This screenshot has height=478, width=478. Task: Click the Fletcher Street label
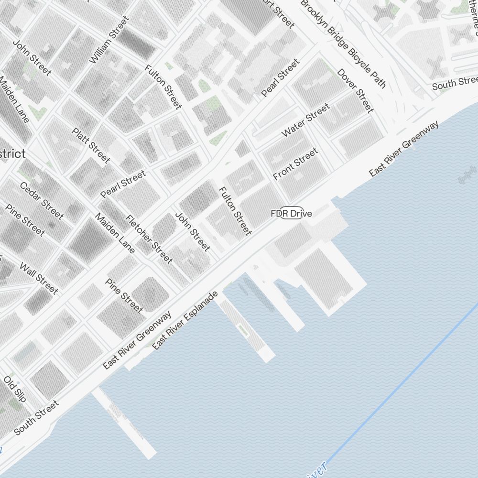click(148, 239)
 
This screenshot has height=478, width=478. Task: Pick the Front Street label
click(295, 164)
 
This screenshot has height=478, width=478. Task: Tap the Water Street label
click(306, 120)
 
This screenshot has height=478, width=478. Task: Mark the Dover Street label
click(355, 90)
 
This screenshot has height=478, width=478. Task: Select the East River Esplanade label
click(185, 320)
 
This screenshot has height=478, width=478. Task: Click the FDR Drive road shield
click(291, 214)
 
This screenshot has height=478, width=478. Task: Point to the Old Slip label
click(15, 388)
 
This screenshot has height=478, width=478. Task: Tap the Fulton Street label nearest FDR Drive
click(235, 211)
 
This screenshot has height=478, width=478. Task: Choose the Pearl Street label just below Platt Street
click(123, 185)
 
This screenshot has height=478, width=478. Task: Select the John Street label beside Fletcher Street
click(192, 231)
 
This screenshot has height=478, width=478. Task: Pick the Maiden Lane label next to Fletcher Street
click(115, 233)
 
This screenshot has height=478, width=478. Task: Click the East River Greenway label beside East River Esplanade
click(137, 340)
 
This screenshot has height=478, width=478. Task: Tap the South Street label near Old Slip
click(36, 417)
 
